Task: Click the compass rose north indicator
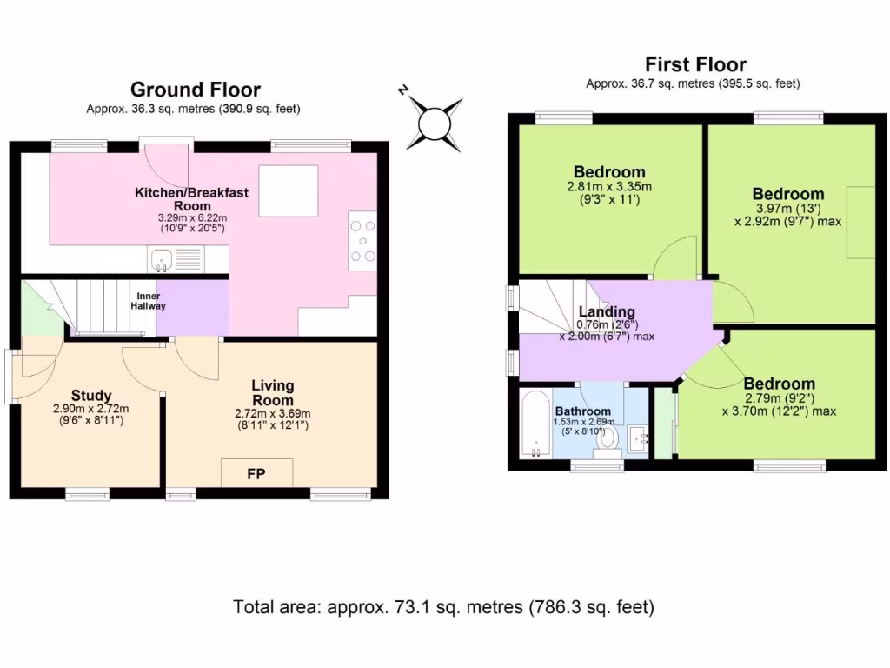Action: pyautogui.click(x=403, y=90)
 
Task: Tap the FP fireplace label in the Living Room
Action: pyautogui.click(x=256, y=474)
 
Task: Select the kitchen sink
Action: pyautogui.click(x=162, y=260)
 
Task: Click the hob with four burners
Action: pyautogui.click(x=362, y=241)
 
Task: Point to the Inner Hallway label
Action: pyautogui.click(x=148, y=301)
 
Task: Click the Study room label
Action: pyautogui.click(x=90, y=396)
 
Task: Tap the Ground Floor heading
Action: pyautogui.click(x=196, y=90)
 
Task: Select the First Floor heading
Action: pyautogui.click(x=696, y=64)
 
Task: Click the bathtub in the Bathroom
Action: pyautogui.click(x=535, y=424)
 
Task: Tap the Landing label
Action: pyautogui.click(x=607, y=311)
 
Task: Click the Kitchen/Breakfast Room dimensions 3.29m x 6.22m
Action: pyautogui.click(x=192, y=217)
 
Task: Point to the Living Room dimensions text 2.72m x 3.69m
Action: pyautogui.click(x=272, y=413)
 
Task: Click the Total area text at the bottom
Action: pyautogui.click(x=444, y=607)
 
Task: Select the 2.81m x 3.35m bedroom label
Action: pyautogui.click(x=609, y=186)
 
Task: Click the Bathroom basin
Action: pyautogui.click(x=638, y=438)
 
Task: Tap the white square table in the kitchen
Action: pyautogui.click(x=289, y=190)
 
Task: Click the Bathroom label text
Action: pyautogui.click(x=583, y=411)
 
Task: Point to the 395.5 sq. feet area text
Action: pyautogui.click(x=760, y=84)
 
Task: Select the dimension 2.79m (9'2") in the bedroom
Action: pyautogui.click(x=780, y=398)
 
